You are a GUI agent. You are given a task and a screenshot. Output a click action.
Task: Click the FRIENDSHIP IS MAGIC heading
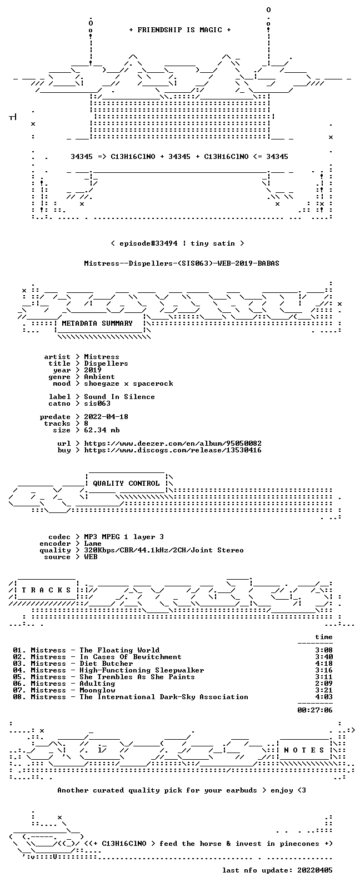pyautogui.click(x=180, y=30)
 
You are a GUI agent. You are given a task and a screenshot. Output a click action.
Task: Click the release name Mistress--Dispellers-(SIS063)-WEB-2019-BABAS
pyautogui.click(x=181, y=263)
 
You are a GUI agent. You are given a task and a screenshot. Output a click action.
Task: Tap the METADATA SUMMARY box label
pyautogui.click(x=97, y=323)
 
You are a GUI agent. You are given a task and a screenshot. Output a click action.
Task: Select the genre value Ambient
pyautogui.click(x=99, y=377)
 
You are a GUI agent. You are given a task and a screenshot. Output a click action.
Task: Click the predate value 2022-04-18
pyautogui.click(x=106, y=417)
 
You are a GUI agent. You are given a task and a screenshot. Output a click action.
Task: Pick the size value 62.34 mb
pyautogui.click(x=102, y=430)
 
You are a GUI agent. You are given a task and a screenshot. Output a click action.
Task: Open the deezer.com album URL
pyautogui.click(x=173, y=443)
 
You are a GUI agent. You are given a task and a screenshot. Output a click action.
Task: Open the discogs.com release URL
pyautogui.click(x=173, y=450)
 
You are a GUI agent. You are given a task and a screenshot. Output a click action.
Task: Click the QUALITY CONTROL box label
pyautogui.click(x=126, y=484)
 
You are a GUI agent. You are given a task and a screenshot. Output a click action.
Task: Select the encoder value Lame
pyautogui.click(x=93, y=544)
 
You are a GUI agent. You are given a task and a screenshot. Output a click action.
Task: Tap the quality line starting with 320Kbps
pyautogui.click(x=164, y=550)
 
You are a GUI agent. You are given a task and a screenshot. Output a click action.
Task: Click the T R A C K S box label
pyautogui.click(x=46, y=590)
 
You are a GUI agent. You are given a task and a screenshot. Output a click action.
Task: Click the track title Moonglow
pyautogui.click(x=97, y=690)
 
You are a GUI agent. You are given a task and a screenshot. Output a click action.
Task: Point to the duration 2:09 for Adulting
pyautogui.click(x=324, y=684)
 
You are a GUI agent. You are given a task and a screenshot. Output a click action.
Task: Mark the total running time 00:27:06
pyautogui.click(x=315, y=710)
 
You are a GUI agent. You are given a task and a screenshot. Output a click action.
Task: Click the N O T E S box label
pyautogui.click(x=304, y=750)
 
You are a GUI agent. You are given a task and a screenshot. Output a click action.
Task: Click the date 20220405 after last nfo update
pyautogui.click(x=315, y=870)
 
